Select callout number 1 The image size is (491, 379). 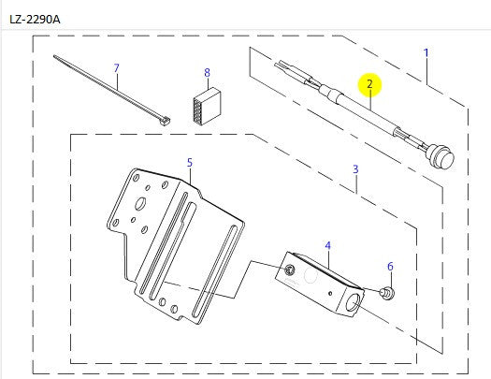[x=426, y=52]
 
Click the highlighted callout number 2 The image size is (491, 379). [x=369, y=84]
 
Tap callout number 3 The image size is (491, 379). [x=355, y=169]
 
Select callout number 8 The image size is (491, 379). [x=207, y=72]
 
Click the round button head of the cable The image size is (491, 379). [x=440, y=154]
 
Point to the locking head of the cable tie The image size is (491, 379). [x=166, y=120]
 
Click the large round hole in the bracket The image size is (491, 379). [x=139, y=201]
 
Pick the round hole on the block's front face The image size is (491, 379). [x=289, y=270]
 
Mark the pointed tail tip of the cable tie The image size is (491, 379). [x=56, y=58]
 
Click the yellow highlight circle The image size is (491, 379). [x=369, y=84]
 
